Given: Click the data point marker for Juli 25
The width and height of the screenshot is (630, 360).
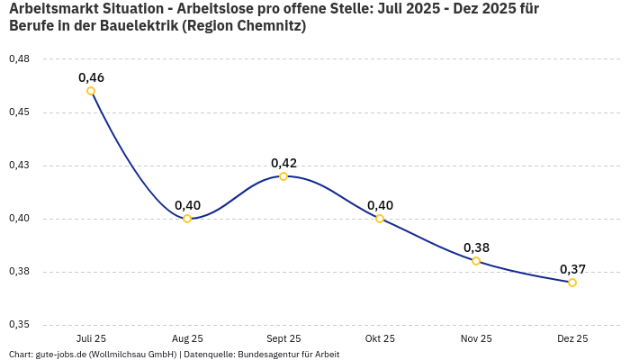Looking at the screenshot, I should (x=91, y=91).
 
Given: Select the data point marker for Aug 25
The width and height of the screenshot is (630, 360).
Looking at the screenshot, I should (x=187, y=219).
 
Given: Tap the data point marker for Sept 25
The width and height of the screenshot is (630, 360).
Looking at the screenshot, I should (x=283, y=176).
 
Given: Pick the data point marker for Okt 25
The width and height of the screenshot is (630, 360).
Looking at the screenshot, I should (x=380, y=219).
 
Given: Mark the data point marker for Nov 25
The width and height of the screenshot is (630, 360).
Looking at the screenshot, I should (x=476, y=261).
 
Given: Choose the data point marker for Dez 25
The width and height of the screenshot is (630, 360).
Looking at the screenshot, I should (x=572, y=283).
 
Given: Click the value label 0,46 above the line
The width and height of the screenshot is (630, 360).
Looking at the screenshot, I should (x=91, y=77).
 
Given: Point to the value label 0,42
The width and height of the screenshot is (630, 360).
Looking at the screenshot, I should (x=283, y=163).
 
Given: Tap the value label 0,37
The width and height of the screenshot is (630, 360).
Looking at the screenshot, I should (x=572, y=269).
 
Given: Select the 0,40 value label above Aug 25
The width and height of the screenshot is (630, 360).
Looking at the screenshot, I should (x=187, y=205).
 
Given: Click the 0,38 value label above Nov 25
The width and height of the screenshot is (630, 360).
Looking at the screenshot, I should (x=476, y=247).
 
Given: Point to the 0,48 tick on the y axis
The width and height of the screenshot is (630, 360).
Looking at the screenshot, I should (x=19, y=59).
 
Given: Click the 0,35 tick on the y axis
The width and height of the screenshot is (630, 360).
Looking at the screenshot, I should (x=19, y=325).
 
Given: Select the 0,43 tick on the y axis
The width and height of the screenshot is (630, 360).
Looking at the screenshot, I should (x=19, y=166).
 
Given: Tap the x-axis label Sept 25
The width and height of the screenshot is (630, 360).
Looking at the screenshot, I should (x=283, y=338).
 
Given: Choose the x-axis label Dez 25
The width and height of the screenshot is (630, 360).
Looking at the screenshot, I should (x=572, y=338).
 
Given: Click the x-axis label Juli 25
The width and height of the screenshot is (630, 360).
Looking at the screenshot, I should (x=91, y=338).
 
